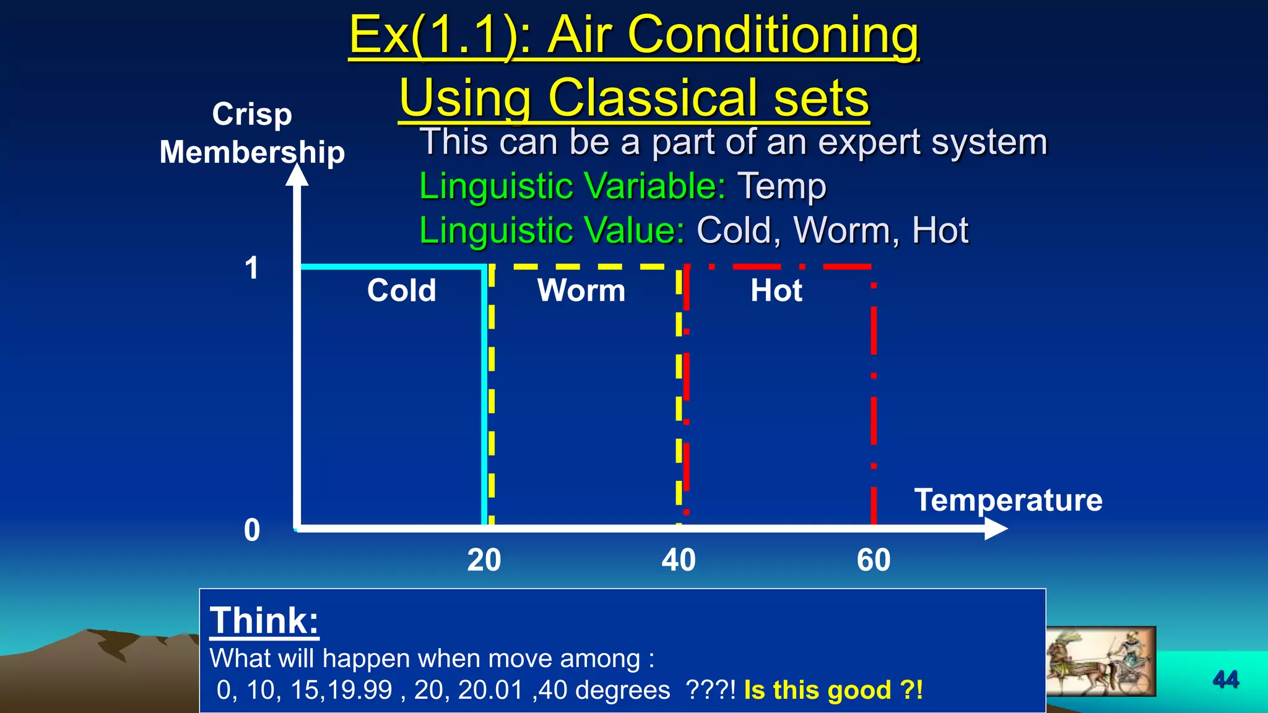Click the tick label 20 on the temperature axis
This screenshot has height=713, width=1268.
(x=484, y=560)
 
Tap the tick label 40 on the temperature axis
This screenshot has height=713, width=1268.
(x=679, y=560)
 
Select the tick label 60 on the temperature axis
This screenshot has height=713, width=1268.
(x=874, y=560)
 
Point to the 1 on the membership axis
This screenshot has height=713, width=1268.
(x=251, y=269)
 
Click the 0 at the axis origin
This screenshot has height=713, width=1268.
(x=252, y=530)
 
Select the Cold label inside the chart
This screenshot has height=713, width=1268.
(x=401, y=290)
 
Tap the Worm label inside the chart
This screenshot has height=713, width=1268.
(x=581, y=290)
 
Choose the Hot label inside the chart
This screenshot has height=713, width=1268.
(x=776, y=290)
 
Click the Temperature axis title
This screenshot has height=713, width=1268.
(x=1008, y=500)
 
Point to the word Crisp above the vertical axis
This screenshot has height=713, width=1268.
(x=252, y=115)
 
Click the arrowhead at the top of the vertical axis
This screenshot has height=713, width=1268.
(x=297, y=174)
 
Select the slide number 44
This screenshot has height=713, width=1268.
(x=1226, y=680)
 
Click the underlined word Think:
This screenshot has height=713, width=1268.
(x=264, y=620)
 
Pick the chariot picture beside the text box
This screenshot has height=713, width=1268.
(x=1100, y=661)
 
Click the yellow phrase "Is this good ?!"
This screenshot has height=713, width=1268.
(x=833, y=689)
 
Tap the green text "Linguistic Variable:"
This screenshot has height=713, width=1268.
(x=572, y=186)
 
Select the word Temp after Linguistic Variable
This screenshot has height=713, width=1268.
(x=781, y=187)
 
